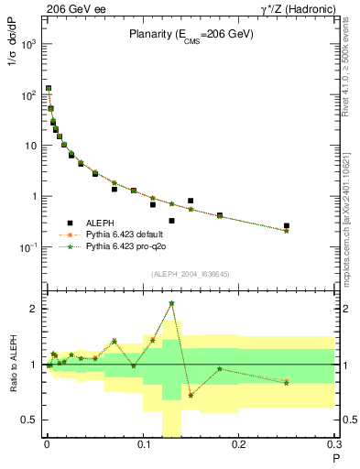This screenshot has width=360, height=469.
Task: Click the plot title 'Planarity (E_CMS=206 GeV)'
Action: tap(191, 35)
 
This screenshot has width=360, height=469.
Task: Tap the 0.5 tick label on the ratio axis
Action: tap(29, 420)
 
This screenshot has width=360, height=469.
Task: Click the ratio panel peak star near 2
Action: tap(171, 303)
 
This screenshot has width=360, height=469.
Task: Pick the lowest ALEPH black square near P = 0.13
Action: tap(171, 221)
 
